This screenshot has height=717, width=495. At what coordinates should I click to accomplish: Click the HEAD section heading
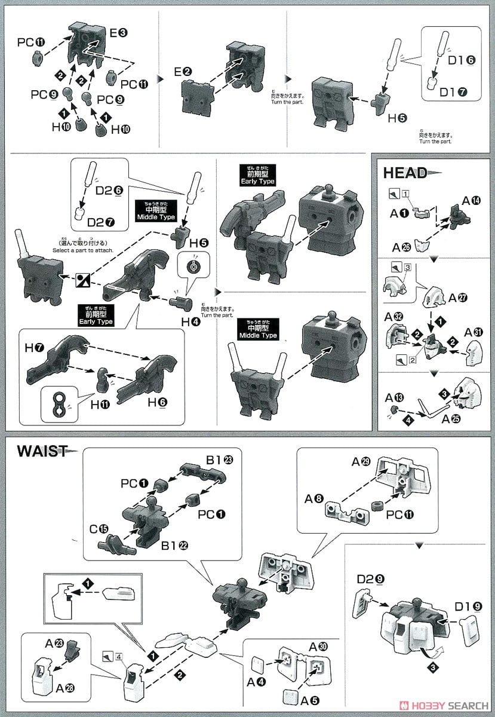click(405, 173)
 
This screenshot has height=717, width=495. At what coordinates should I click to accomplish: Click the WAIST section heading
click(41, 451)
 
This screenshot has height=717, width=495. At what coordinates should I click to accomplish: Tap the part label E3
click(116, 33)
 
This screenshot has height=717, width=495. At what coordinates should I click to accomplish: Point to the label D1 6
click(461, 60)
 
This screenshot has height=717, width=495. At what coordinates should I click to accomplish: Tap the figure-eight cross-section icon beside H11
click(59, 403)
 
